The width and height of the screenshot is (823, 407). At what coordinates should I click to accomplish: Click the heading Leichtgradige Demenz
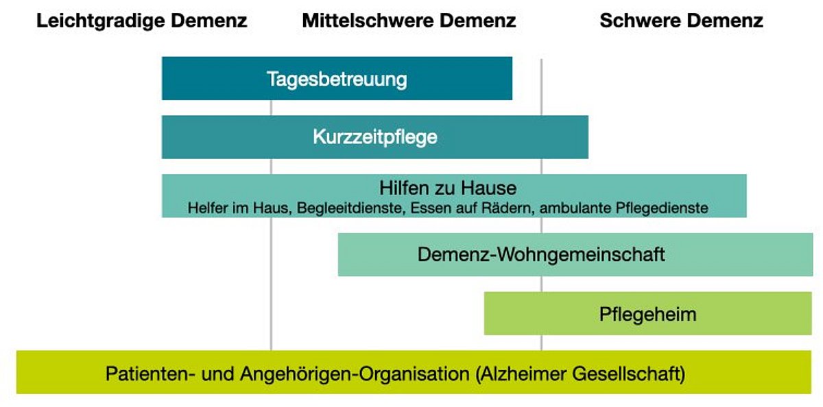142,21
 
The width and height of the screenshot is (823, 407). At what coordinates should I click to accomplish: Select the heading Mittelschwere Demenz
409,21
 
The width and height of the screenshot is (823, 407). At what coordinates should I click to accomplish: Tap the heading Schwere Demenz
682,21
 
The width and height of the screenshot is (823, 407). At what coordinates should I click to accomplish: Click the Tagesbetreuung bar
337,78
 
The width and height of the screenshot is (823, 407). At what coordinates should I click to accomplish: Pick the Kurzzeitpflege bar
374,137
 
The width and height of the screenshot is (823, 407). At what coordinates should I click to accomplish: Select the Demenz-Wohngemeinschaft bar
575,254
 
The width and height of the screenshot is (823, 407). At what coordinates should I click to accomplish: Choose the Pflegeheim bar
647,313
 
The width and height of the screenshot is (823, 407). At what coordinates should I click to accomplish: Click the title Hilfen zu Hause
448,188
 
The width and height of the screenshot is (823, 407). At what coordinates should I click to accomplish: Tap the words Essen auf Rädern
471,208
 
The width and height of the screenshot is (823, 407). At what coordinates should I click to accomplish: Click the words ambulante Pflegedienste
624,208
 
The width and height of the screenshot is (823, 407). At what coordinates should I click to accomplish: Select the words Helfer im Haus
239,208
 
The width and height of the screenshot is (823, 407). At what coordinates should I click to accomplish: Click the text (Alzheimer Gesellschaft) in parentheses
580,374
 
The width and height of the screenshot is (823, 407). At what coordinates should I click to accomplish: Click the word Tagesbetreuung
337,79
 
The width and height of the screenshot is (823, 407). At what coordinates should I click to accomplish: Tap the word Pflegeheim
647,314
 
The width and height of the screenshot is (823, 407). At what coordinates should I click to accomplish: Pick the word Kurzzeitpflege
375,138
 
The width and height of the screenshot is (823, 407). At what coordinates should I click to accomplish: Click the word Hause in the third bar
489,188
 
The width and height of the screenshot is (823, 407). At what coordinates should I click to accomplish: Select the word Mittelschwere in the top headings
368,21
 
